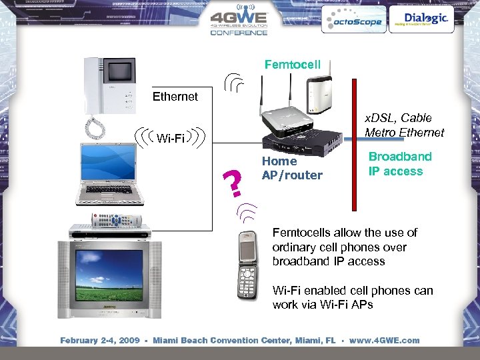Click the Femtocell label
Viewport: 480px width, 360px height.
(x=292, y=65)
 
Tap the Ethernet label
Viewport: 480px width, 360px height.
(x=175, y=97)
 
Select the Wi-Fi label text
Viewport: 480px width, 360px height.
(x=171, y=138)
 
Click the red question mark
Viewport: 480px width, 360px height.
(x=233, y=183)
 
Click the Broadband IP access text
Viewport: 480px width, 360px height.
(x=400, y=163)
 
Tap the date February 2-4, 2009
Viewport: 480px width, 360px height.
(x=100, y=340)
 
